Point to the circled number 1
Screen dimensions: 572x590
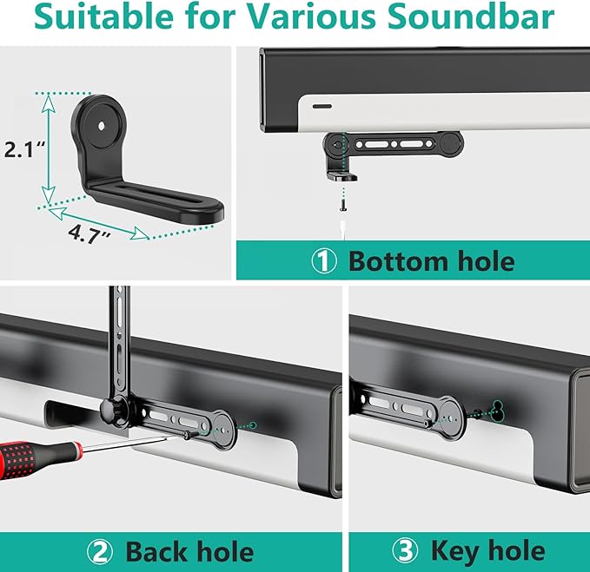coord(324,260)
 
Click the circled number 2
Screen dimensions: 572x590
coord(99,551)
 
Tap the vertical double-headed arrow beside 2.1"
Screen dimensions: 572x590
coord(49,148)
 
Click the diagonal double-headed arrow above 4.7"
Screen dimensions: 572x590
coord(96,220)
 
